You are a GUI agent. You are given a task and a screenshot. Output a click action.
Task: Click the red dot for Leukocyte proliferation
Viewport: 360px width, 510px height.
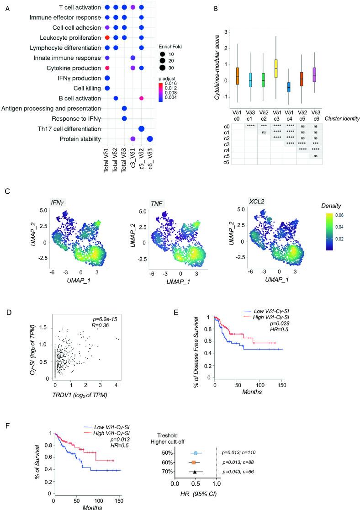(x=106, y=37)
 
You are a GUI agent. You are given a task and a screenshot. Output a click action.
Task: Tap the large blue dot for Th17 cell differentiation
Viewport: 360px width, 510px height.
(x=142, y=129)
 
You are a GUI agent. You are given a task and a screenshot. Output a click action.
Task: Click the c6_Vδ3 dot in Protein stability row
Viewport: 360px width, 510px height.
(x=150, y=139)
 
